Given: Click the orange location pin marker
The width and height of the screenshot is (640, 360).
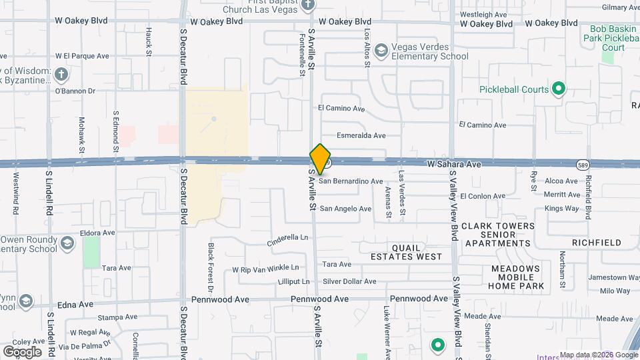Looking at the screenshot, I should (x=321, y=159).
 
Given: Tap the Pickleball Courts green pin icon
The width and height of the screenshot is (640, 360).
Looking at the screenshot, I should (x=559, y=89).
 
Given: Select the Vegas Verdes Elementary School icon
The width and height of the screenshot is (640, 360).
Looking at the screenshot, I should (x=381, y=51).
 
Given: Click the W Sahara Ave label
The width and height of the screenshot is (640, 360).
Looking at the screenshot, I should (x=454, y=163).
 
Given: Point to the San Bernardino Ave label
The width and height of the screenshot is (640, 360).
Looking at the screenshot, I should (x=351, y=181).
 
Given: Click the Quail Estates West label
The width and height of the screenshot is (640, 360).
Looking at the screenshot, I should (x=407, y=251).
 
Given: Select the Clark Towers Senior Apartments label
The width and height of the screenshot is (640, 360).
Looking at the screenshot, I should (x=498, y=235).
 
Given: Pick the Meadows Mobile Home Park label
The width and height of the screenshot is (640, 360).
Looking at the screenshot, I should (x=516, y=277).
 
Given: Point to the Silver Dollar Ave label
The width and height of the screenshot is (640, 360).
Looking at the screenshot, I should (x=349, y=281).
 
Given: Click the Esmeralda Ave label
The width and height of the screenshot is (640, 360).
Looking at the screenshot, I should (x=361, y=135).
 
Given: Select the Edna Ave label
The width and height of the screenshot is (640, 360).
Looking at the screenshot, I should (x=77, y=304).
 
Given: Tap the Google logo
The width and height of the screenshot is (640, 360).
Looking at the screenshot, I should (x=22, y=351).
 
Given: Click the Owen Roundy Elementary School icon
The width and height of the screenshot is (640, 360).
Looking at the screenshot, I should (x=67, y=243).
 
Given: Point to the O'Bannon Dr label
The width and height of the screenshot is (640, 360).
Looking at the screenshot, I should (x=75, y=91).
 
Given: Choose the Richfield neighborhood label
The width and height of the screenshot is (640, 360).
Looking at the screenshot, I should (x=596, y=243).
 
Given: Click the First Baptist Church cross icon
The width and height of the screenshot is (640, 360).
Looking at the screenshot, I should (x=307, y=5).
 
